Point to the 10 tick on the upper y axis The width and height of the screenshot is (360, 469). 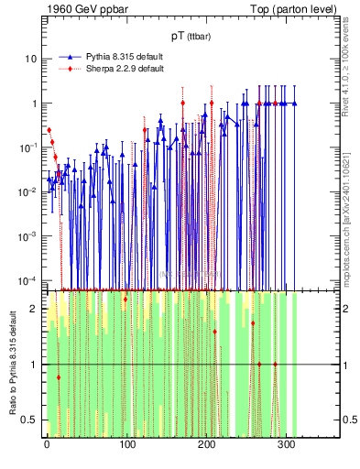tap(31, 59)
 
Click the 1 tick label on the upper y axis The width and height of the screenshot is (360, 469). tap(34, 104)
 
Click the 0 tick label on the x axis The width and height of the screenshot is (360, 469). tap(47, 444)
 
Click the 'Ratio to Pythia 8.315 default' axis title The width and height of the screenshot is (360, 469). tap(11, 362)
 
